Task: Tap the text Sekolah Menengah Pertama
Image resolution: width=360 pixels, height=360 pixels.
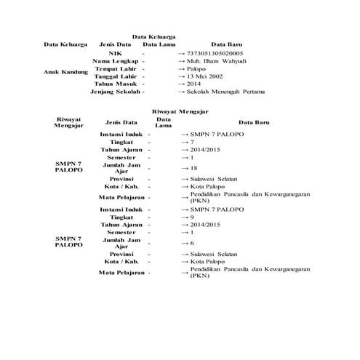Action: [x=226, y=92]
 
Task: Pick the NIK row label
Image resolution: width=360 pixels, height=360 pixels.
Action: [x=114, y=54]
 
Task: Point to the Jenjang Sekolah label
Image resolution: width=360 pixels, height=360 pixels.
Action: [x=115, y=92]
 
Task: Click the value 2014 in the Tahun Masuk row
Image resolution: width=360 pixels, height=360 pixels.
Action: [x=194, y=84]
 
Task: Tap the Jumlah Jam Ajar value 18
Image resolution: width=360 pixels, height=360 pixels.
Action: [x=193, y=167]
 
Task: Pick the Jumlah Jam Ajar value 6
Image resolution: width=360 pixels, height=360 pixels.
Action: [x=191, y=242]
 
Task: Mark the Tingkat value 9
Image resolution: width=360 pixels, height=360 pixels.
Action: [x=191, y=217]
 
